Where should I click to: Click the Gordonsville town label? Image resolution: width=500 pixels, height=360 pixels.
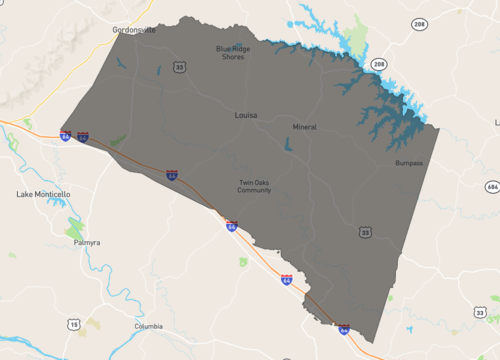pyautogui.click(x=134, y=30)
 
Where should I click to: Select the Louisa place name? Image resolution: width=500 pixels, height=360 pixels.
pyautogui.click(x=246, y=115)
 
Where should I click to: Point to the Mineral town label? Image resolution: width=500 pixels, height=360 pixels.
pyautogui.click(x=304, y=128)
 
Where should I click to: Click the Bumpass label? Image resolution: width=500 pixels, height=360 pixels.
pyautogui.click(x=410, y=162)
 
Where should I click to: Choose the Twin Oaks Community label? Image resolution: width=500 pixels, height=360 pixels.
pyautogui.click(x=255, y=186)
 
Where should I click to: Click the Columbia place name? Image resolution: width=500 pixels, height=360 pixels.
pyautogui.click(x=148, y=327)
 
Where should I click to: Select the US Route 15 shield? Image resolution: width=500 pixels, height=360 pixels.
pyautogui.click(x=74, y=325)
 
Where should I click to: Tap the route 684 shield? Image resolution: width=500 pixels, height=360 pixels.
pyautogui.click(x=491, y=186)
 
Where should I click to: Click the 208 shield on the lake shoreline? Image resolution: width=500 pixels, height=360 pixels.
pyautogui.click(x=379, y=64)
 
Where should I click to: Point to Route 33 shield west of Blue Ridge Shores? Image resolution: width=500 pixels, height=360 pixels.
pyautogui.click(x=179, y=67)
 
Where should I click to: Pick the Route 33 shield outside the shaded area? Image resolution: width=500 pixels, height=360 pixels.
pyautogui.click(x=480, y=313)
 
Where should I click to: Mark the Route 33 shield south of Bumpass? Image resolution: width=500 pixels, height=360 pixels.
pyautogui.click(x=366, y=233)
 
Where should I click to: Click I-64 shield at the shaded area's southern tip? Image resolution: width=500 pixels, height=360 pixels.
pyautogui.click(x=344, y=328)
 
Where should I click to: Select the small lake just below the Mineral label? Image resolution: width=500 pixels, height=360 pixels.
pyautogui.click(x=289, y=146)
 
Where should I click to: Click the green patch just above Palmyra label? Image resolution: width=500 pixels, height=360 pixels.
pyautogui.click(x=74, y=229)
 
